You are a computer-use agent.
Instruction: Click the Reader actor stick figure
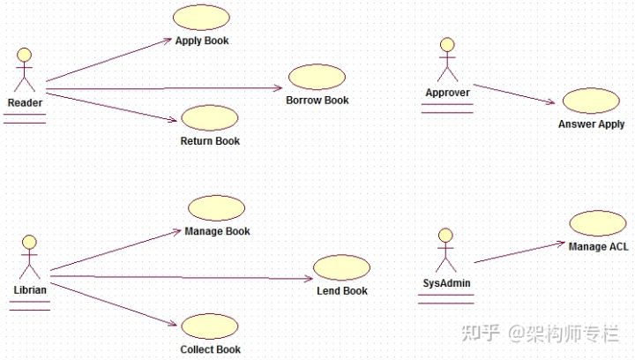25,71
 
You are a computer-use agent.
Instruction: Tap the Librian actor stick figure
29,257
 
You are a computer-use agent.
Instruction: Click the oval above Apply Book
201,18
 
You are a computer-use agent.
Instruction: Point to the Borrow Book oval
317,77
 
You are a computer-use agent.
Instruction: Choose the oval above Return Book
209,117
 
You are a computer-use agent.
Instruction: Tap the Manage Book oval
216,208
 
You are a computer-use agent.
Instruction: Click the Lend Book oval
341,267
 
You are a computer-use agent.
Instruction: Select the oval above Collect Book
210,326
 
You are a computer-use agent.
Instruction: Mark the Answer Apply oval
590,101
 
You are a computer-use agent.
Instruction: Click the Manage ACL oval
597,223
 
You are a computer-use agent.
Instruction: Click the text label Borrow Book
317,101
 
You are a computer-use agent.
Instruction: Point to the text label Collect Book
211,349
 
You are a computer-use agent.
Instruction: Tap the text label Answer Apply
591,124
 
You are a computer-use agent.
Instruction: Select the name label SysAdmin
445,284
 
